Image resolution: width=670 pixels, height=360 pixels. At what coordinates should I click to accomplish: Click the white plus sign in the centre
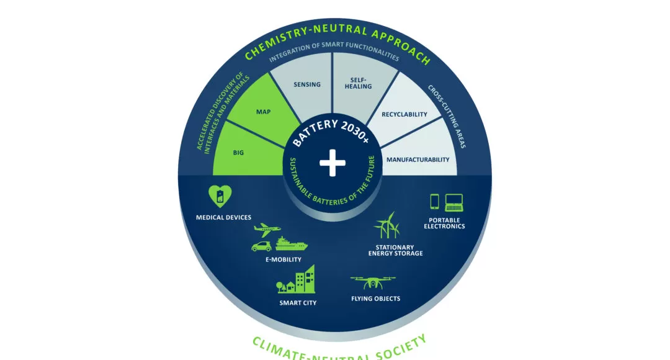coord(333,163)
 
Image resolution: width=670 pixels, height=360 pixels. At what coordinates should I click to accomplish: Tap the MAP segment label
coord(263,112)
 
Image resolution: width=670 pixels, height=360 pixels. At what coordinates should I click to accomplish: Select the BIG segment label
coord(238,153)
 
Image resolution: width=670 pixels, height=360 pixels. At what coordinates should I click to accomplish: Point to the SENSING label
coord(307,84)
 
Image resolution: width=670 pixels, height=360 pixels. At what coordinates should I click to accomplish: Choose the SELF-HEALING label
coord(358,83)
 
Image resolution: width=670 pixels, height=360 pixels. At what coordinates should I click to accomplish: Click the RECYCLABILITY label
coord(404,114)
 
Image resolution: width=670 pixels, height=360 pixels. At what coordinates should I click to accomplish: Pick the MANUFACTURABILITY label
coord(418,160)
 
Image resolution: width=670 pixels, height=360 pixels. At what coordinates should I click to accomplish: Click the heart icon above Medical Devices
coord(220,196)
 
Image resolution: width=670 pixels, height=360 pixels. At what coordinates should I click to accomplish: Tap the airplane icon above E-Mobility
coord(267,230)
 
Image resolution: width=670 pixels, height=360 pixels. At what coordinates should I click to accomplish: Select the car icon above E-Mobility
coord(262,246)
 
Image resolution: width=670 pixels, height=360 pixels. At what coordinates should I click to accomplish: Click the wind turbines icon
coord(387,225)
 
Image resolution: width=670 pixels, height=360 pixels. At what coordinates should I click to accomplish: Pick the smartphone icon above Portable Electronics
coord(434,201)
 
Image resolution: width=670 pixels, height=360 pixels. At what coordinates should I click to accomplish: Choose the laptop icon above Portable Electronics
coord(453,203)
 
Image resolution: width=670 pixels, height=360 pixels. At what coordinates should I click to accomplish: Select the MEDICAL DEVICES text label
coord(223,217)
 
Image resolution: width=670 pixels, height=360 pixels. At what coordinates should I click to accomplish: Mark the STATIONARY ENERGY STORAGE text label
coord(396,250)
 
